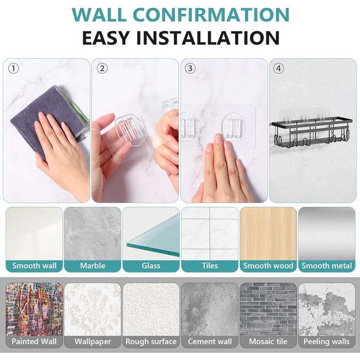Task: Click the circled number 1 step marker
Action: coord(13,68)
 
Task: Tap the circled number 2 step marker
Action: coord(102,68)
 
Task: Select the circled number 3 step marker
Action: coord(190,68)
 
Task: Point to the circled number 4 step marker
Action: coord(279,68)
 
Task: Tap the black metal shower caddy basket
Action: coord(312,133)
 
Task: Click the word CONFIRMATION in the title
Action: coord(211,15)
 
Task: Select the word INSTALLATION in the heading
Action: coord(208,38)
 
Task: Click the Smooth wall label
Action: coord(34,266)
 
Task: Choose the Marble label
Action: coord(93,266)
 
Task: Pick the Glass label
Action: coord(151,266)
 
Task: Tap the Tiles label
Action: coord(210,266)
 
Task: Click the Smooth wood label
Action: coord(268,266)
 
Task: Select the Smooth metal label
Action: coord(327,266)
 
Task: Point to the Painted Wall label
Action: coord(34,341)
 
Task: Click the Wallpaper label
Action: coord(93,341)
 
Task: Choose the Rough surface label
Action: coord(151,341)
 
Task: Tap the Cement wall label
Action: coord(210,341)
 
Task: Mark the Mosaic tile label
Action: coord(268,341)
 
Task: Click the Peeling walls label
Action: coord(327,341)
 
